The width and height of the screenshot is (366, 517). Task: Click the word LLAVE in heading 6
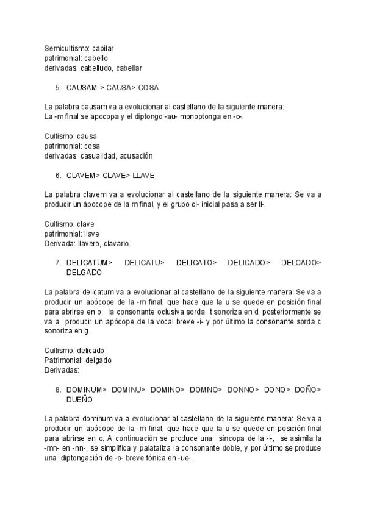143,176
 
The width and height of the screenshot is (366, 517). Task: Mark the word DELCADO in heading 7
301,263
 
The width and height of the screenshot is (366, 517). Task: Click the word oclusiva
168,312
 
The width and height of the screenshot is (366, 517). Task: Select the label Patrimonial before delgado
63,360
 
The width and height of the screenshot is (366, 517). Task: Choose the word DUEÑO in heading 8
79,399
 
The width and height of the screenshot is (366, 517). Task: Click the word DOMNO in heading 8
204,389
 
